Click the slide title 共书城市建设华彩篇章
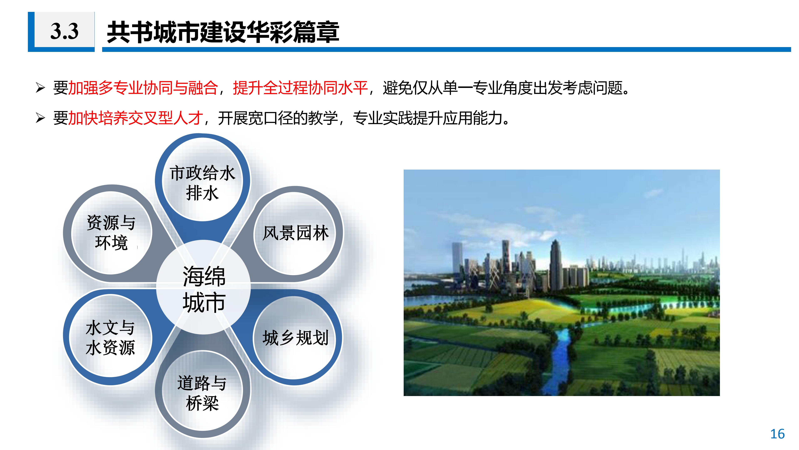coord(223,32)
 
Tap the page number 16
coord(777,434)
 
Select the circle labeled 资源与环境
coord(111,233)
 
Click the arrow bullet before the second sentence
coord(40,118)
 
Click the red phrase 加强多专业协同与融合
coord(143,87)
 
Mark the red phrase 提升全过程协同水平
coord(300,87)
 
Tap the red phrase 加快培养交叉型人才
coord(135,118)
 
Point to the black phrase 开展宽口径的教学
coord(278,118)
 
